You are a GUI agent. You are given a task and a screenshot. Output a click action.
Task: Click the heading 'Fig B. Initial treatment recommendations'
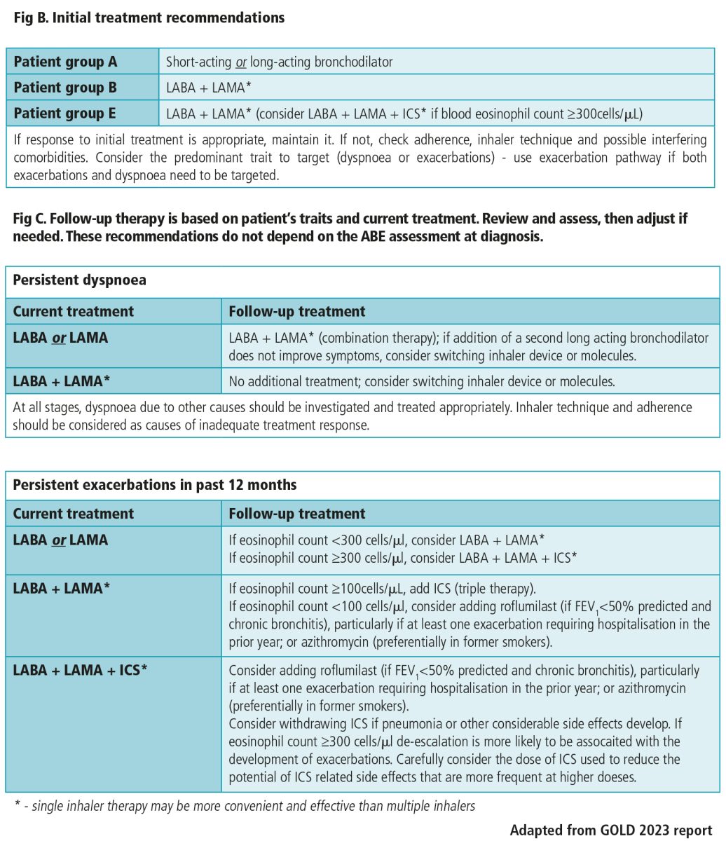tap(149, 18)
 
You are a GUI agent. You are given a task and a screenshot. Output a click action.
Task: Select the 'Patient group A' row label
tap(65, 62)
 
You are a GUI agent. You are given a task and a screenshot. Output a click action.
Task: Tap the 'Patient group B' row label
tap(65, 88)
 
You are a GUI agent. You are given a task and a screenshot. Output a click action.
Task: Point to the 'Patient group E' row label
tap(65, 113)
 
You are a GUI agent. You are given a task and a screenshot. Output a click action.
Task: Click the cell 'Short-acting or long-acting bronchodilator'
tap(279, 62)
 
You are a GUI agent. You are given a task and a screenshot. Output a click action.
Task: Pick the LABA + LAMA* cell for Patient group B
tap(207, 88)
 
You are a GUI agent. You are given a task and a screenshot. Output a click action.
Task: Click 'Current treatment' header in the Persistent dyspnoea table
tap(73, 311)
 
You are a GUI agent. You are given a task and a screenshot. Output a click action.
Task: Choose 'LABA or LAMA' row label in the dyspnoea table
tap(60, 338)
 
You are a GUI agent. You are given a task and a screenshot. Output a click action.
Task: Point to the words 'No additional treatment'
tap(292, 382)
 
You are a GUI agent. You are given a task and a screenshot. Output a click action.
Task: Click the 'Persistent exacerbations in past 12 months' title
tap(154, 485)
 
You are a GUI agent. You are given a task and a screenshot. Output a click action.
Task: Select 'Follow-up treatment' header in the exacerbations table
tap(297, 514)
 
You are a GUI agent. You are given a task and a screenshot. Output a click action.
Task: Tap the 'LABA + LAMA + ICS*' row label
tap(80, 669)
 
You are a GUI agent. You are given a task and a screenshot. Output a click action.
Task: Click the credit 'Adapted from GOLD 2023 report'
tap(610, 830)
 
